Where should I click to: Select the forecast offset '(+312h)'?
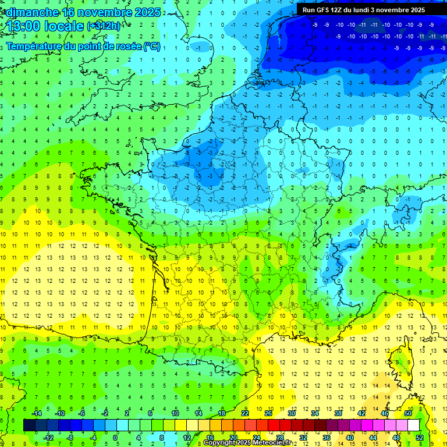[104, 26]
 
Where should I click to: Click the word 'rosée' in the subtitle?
[127, 47]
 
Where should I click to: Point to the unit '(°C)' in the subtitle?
[152, 47]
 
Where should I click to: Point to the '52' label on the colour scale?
[420, 438]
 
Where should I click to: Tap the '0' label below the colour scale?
[115, 438]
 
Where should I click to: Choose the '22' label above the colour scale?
[245, 413]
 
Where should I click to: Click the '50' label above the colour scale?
[408, 413]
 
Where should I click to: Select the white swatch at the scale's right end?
[414, 425]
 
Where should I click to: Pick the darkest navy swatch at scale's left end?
[29, 425]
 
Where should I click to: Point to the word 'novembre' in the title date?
[105, 12]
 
